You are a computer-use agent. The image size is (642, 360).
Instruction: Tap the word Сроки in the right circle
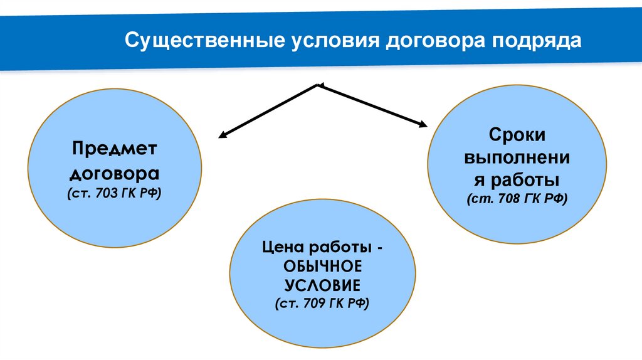tap(518, 134)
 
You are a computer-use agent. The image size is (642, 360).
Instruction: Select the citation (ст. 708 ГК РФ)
tap(518, 199)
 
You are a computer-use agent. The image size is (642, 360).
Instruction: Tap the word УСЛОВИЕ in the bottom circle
tap(323, 285)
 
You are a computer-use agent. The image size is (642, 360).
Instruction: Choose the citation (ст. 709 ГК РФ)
tap(323, 304)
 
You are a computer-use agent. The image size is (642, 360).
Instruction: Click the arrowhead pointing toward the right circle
tap(422, 125)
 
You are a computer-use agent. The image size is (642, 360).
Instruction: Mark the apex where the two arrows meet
tap(320, 85)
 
